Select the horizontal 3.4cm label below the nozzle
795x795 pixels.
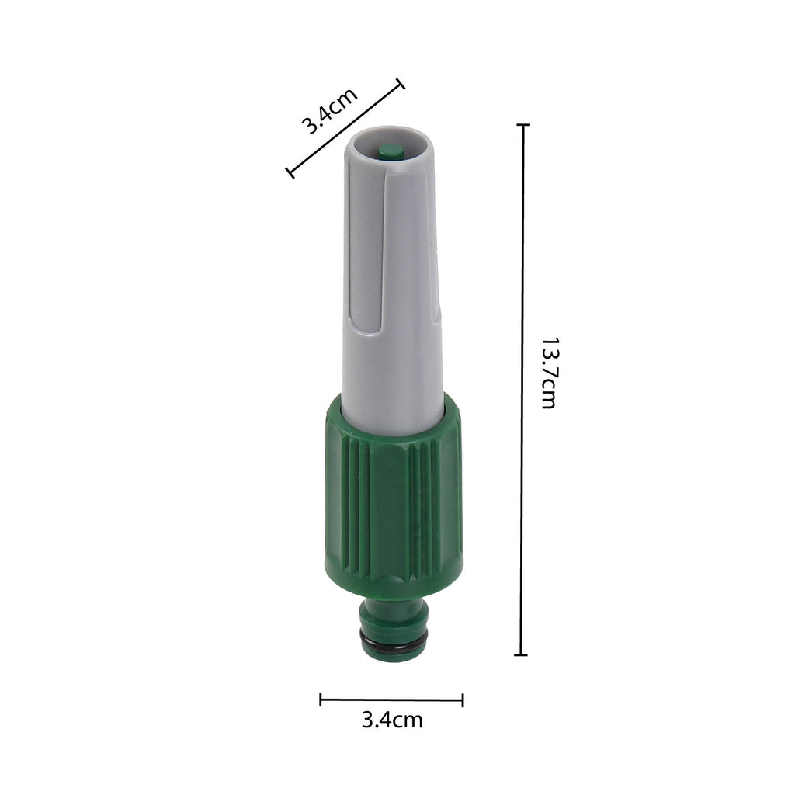point(392,720)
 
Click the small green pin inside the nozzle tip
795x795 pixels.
point(391,151)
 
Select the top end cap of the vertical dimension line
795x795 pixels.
point(523,124)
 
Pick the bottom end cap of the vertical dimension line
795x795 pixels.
point(521,655)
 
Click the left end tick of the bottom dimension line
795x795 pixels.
point(321,700)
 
